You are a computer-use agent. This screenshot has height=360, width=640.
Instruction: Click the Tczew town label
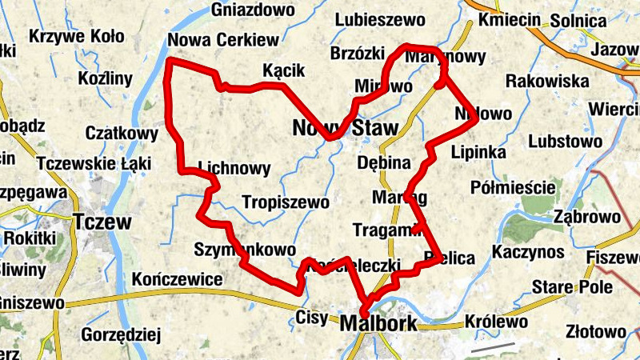[102, 222]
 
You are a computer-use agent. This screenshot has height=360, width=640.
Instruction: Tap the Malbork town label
[378, 324]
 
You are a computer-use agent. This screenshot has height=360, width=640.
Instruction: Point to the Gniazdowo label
[254, 10]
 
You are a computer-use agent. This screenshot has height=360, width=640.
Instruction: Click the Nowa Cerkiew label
[223, 40]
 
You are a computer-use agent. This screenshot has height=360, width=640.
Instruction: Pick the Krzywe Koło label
[76, 36]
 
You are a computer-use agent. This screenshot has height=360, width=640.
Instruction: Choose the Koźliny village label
[105, 78]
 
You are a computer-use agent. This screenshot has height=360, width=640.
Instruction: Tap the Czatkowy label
[122, 132]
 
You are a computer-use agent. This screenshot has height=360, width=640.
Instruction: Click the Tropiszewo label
[286, 202]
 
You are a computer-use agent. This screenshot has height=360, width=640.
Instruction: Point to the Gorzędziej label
[122, 334]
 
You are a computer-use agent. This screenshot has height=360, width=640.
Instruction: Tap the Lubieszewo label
[373, 19]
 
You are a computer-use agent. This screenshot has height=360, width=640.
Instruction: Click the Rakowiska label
[547, 81]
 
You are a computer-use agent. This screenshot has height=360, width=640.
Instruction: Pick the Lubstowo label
[566, 142]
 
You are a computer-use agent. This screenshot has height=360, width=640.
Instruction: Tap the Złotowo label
[595, 331]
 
